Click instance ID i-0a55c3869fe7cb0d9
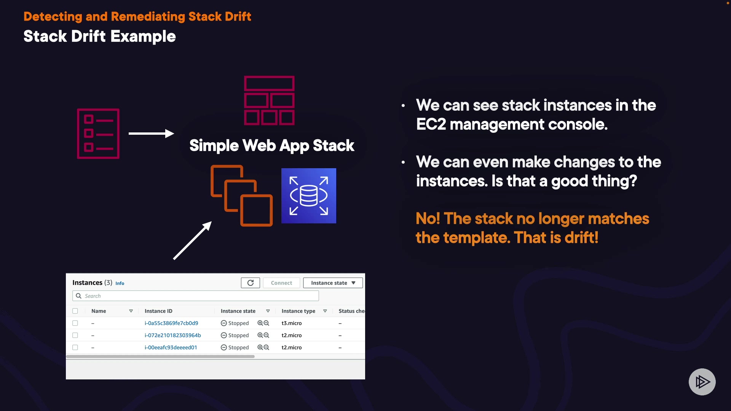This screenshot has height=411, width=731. pos(171,323)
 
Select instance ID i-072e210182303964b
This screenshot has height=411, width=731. pos(172,335)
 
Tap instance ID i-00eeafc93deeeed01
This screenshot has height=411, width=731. pos(171,347)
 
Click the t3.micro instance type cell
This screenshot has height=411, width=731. pos(292,323)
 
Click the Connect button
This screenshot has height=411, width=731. pos(281,283)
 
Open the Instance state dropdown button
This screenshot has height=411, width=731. pos(333,283)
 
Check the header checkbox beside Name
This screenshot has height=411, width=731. pos(75,311)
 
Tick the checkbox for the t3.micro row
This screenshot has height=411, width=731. pos(75,323)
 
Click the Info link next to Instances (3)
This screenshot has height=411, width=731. pos(120,283)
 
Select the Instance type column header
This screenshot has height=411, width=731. pos(298,311)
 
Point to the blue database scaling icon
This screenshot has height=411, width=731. pos(308,196)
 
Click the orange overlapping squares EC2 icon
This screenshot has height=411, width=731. pos(241,196)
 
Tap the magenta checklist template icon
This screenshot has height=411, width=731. pos(98,134)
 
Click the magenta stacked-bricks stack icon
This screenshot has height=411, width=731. pos(269,100)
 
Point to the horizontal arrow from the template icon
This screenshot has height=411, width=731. pos(151,133)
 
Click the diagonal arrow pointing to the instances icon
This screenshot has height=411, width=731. pos(192,241)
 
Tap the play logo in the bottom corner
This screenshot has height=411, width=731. pos(702,382)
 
